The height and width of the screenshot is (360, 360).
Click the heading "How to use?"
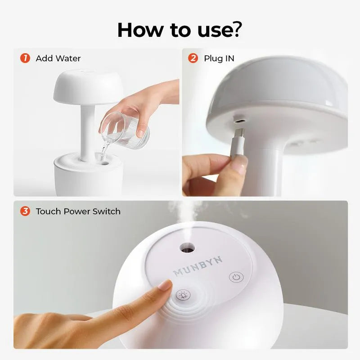coord(180,29)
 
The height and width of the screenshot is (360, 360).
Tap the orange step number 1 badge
coord(25,58)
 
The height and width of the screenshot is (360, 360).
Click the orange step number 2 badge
coord(193,58)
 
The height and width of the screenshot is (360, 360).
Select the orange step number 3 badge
coord(25,211)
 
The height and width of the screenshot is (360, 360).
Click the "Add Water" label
coord(58,58)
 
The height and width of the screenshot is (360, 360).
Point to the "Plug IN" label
coord(219,58)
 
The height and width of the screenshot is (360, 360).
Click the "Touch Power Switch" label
coord(78,211)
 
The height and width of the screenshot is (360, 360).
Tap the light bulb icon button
coord(183,296)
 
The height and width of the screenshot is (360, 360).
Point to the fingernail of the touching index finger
coord(164,285)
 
